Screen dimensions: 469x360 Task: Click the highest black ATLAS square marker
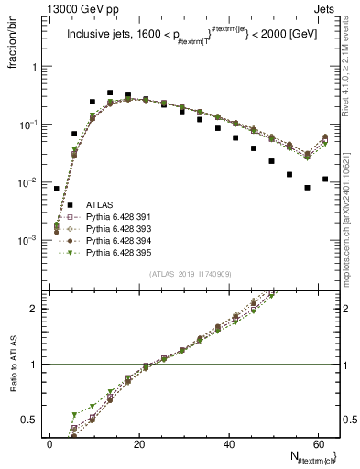click(110, 93)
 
